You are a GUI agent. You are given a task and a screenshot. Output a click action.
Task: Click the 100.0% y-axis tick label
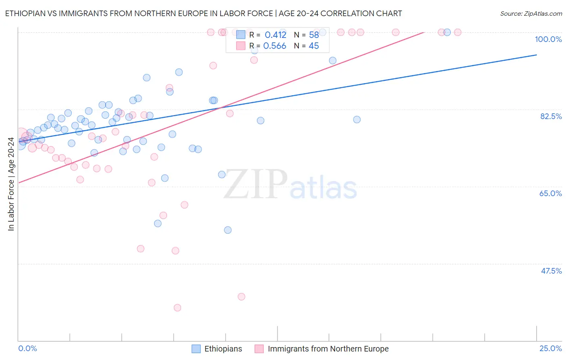548,39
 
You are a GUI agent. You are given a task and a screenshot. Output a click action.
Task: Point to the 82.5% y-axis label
551,116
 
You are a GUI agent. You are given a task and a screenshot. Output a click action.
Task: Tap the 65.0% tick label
550,193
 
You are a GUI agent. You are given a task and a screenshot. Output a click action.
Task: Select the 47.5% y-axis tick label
551,271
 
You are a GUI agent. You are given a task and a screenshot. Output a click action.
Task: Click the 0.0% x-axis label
28,348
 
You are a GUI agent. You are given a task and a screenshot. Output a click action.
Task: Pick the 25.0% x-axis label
550,348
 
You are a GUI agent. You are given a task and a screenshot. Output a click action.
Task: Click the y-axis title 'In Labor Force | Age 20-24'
11,184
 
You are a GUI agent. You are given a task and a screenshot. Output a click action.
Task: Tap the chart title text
203,13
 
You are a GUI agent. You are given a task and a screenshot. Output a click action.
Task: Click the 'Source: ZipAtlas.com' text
531,13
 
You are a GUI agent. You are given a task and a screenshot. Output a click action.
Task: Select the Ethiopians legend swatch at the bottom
196,349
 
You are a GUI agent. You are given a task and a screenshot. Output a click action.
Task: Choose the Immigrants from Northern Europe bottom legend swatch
259,349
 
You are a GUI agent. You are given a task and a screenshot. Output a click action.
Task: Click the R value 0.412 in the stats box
275,35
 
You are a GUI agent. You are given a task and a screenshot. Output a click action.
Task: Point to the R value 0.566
275,46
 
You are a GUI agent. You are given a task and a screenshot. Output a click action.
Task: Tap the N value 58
314,35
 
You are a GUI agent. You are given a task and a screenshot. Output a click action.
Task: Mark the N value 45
314,46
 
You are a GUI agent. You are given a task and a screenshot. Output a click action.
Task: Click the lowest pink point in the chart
177,308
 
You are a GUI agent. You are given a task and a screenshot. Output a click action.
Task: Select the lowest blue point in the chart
228,230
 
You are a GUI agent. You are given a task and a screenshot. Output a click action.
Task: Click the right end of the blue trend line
536,55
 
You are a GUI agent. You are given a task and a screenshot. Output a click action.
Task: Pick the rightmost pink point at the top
457,32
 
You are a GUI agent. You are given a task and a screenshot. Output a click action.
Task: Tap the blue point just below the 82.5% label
357,119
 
